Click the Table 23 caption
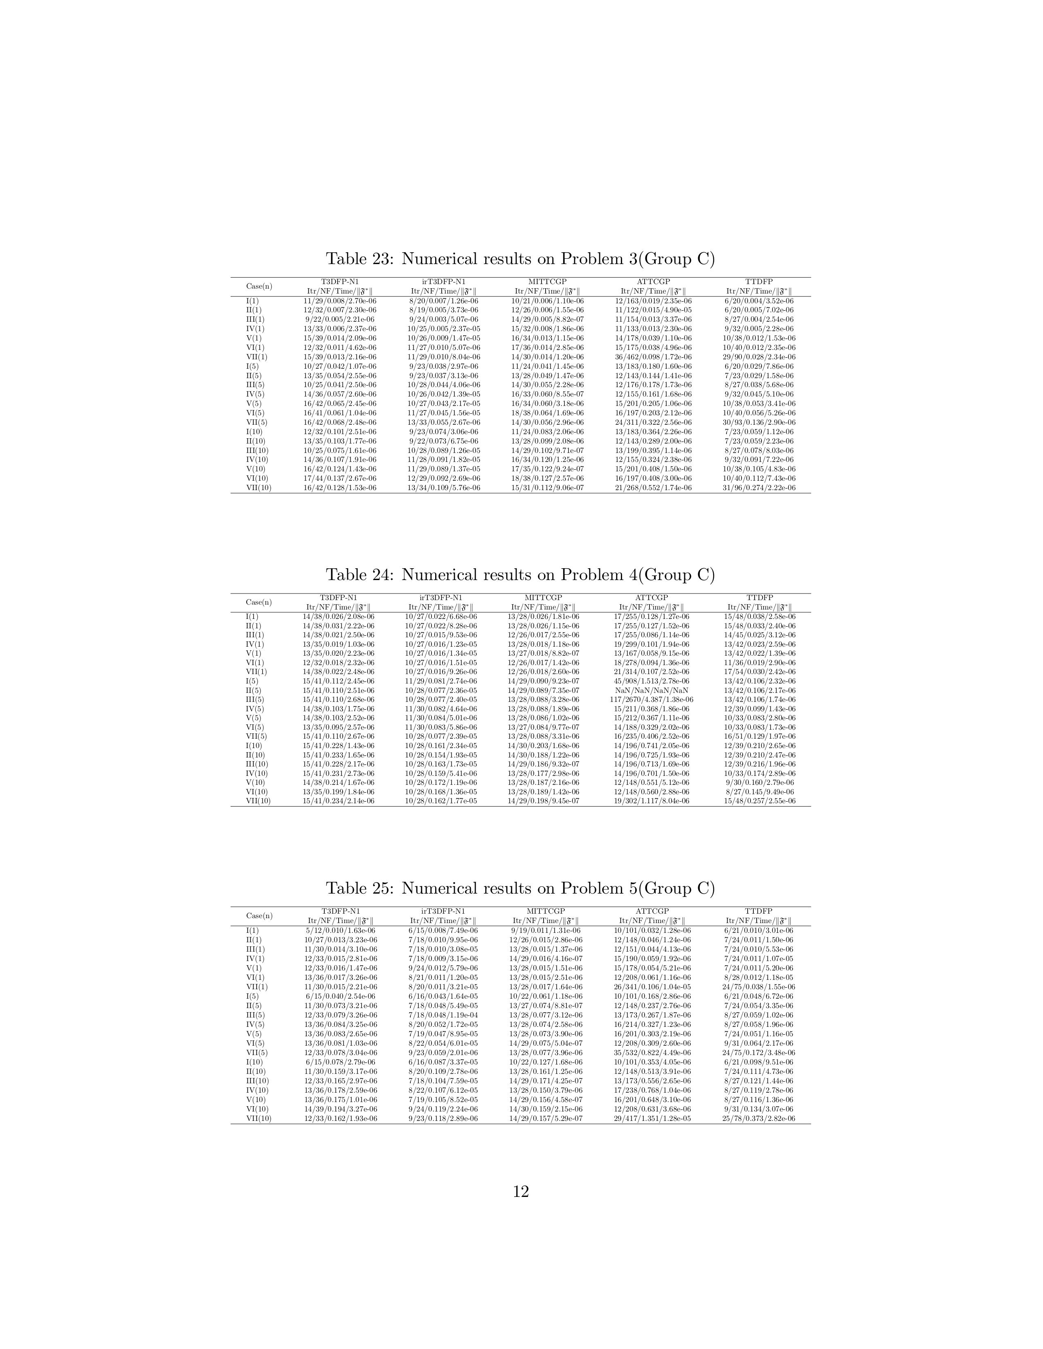(520, 259)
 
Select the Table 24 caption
(520, 575)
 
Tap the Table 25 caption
(520, 888)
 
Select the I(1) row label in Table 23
(253, 301)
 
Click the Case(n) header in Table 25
(259, 915)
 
